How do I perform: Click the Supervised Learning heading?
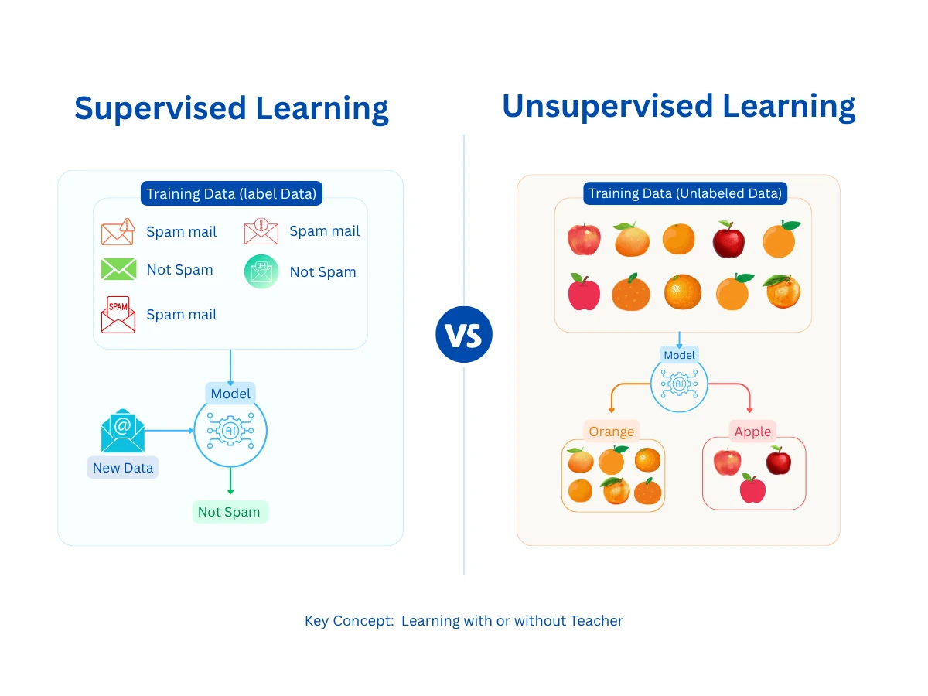[231, 108]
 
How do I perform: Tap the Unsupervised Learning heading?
[678, 106]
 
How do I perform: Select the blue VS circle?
[464, 334]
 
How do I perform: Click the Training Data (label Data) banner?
[231, 193]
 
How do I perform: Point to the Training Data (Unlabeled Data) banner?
[685, 193]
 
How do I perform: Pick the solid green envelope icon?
[118, 269]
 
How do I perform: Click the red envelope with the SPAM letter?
[118, 314]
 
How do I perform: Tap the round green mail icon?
[261, 271]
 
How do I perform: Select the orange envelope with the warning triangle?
[118, 231]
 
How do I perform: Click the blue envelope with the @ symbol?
[122, 431]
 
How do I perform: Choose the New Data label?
[123, 468]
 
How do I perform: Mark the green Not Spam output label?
[230, 512]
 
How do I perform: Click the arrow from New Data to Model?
[169, 431]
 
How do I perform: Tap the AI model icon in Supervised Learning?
[230, 432]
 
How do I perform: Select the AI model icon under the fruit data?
[679, 384]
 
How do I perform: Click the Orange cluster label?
[611, 432]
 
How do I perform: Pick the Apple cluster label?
[752, 432]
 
